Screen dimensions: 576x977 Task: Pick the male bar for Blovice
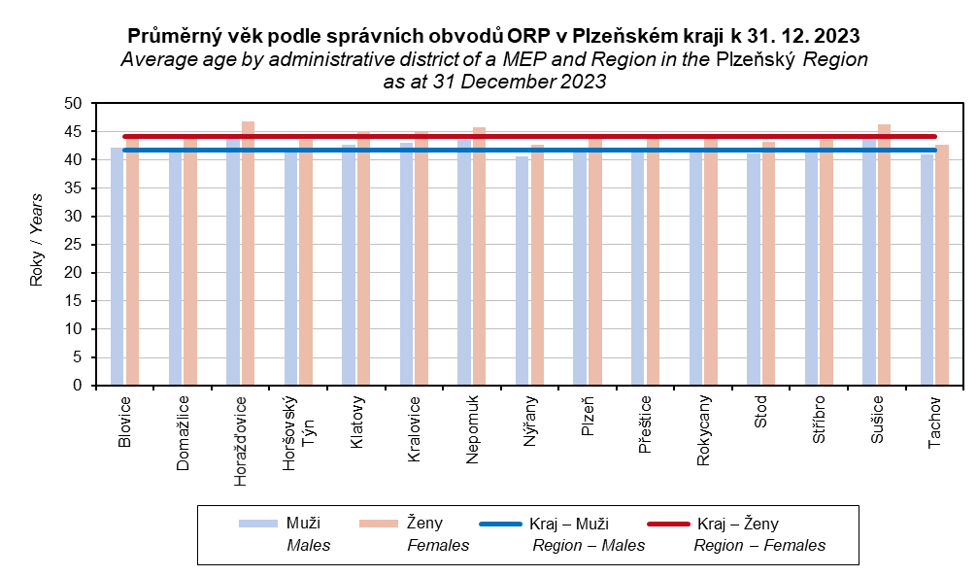pos(118,266)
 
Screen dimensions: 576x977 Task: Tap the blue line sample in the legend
pos(500,525)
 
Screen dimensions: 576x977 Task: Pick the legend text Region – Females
pos(759,546)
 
